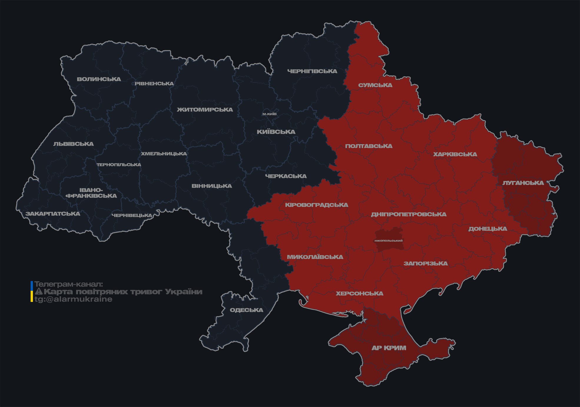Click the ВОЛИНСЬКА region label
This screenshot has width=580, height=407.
pyautogui.click(x=99, y=79)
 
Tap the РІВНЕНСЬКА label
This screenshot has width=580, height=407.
pyautogui.click(x=154, y=84)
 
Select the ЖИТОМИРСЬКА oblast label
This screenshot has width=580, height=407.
pyautogui.click(x=205, y=110)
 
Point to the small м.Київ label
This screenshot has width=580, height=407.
pyautogui.click(x=269, y=114)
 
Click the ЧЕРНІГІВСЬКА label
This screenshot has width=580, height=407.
pyautogui.click(x=312, y=71)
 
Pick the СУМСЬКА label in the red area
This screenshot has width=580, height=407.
pyautogui.click(x=375, y=85)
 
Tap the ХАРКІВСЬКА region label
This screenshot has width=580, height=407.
pyautogui.click(x=455, y=155)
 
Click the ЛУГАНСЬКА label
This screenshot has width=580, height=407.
pyautogui.click(x=523, y=183)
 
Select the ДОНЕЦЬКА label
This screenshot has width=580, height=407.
pyautogui.click(x=488, y=229)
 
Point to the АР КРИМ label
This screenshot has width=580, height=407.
pyautogui.click(x=389, y=348)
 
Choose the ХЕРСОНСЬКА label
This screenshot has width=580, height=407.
pyautogui.click(x=360, y=294)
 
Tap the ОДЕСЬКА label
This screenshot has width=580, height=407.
pyautogui.click(x=246, y=310)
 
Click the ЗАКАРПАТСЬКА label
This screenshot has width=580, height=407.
pyautogui.click(x=53, y=214)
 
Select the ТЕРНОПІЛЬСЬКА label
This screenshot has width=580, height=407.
pyautogui.click(x=119, y=165)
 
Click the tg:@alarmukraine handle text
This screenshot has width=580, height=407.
pyautogui.click(x=73, y=299)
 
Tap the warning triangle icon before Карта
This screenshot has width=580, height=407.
pyautogui.click(x=39, y=292)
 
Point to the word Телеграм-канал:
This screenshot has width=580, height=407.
pyautogui.click(x=69, y=284)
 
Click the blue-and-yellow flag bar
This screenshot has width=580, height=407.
pyautogui.click(x=32, y=291)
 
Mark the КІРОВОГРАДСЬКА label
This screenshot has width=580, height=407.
pyautogui.click(x=316, y=205)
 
